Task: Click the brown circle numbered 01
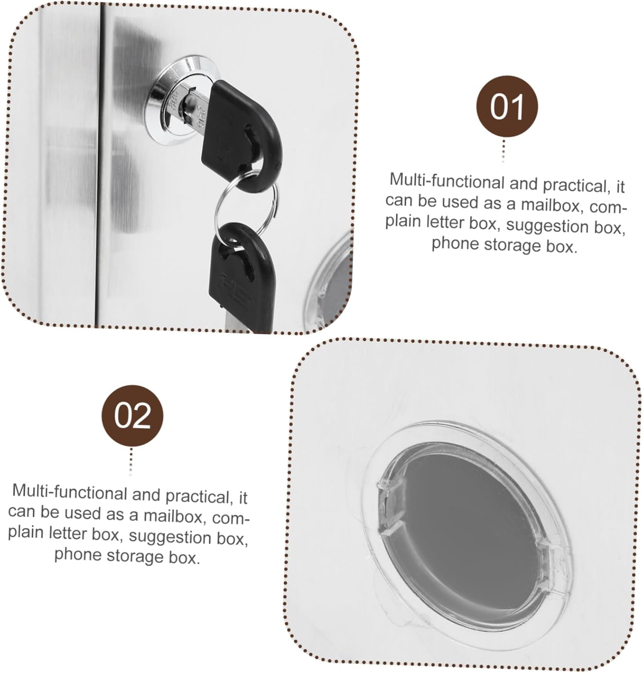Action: click(x=507, y=106)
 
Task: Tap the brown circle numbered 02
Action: click(x=132, y=416)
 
